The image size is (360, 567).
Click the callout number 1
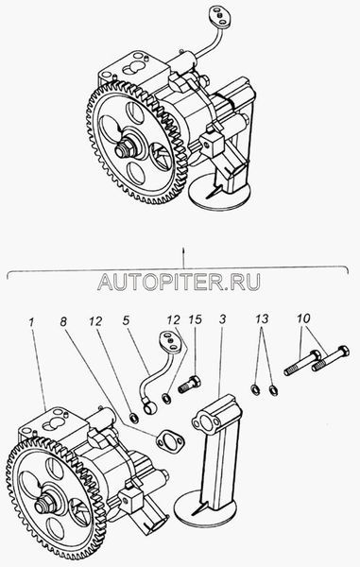coord(32,322)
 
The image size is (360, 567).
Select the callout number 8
coord(63,321)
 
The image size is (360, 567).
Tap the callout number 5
coord(126,320)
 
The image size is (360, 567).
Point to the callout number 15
coord(196,319)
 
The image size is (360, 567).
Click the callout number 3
coord(222,319)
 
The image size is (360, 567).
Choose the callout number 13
coord(262,319)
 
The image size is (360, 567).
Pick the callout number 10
coord(303,318)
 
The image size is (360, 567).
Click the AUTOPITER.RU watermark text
coord(179,282)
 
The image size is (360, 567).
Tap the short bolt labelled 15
coord(189,384)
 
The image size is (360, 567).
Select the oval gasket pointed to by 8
coord(169,441)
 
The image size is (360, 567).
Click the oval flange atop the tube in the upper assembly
coord(219,17)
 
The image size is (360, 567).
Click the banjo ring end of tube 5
coord(150,407)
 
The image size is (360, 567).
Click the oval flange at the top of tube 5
coord(171,342)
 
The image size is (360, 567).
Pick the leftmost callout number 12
coord(95,321)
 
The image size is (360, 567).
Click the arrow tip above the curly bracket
coord(183,249)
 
